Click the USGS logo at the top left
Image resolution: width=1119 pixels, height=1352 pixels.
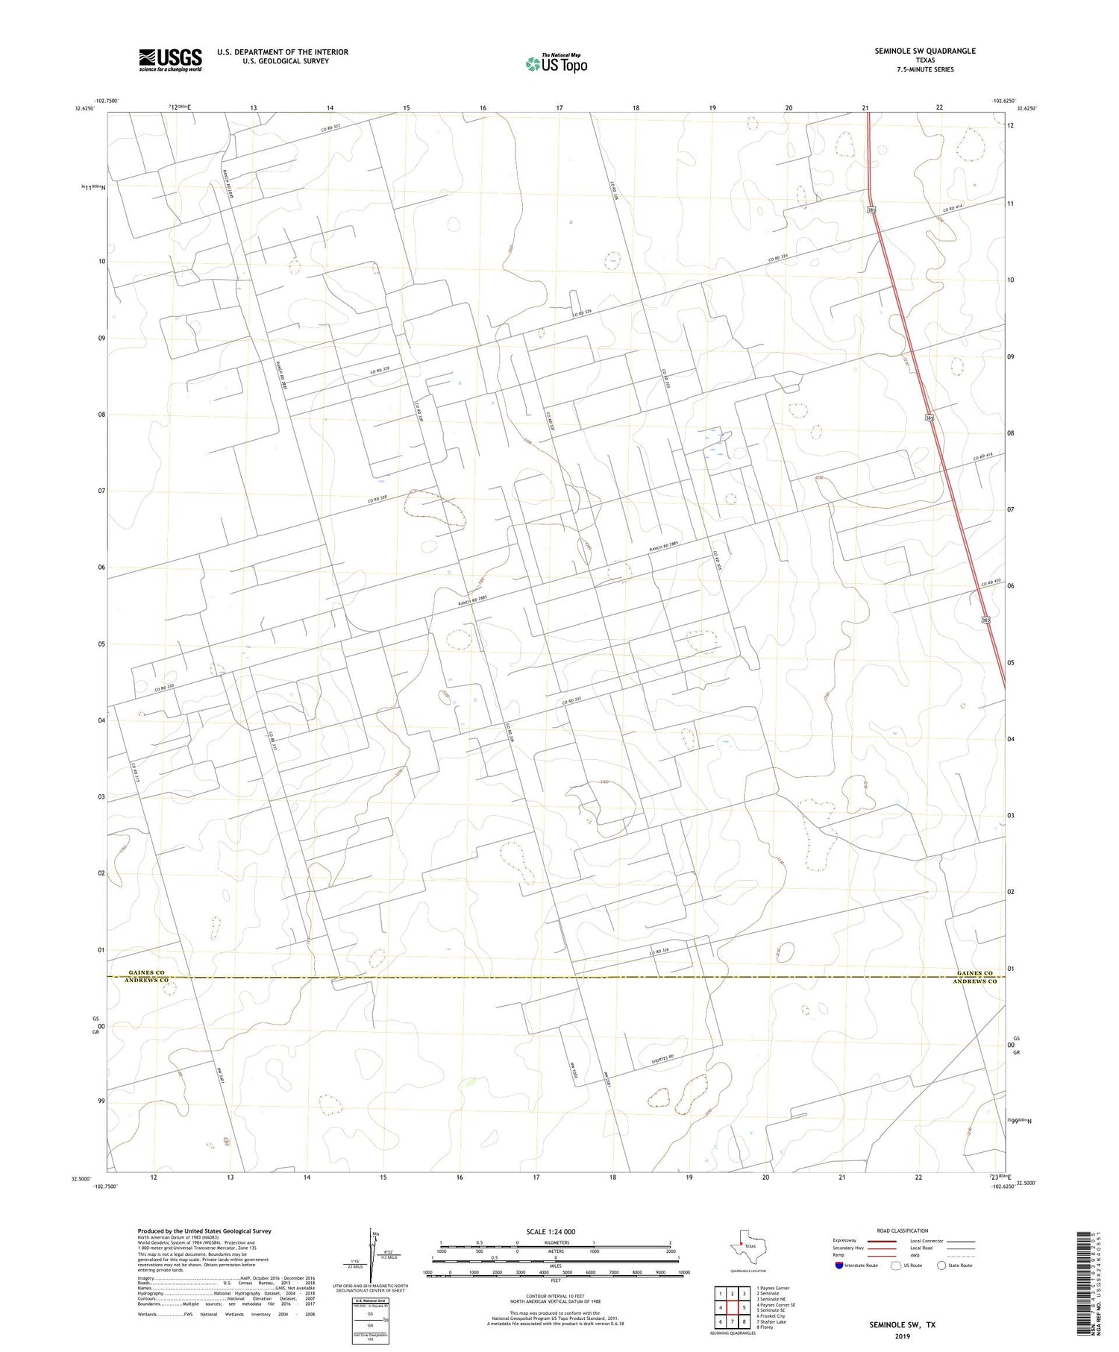pyautogui.click(x=170, y=60)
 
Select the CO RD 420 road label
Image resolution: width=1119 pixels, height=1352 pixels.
pyautogui.click(x=990, y=583)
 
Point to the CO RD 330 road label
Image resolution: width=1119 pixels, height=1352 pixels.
pyautogui.click(x=164, y=688)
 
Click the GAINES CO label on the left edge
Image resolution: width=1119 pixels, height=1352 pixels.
pyautogui.click(x=146, y=973)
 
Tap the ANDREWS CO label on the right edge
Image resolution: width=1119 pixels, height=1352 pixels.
pyautogui.click(x=974, y=981)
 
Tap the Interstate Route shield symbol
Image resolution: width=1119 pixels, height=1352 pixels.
pyautogui.click(x=840, y=1265)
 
